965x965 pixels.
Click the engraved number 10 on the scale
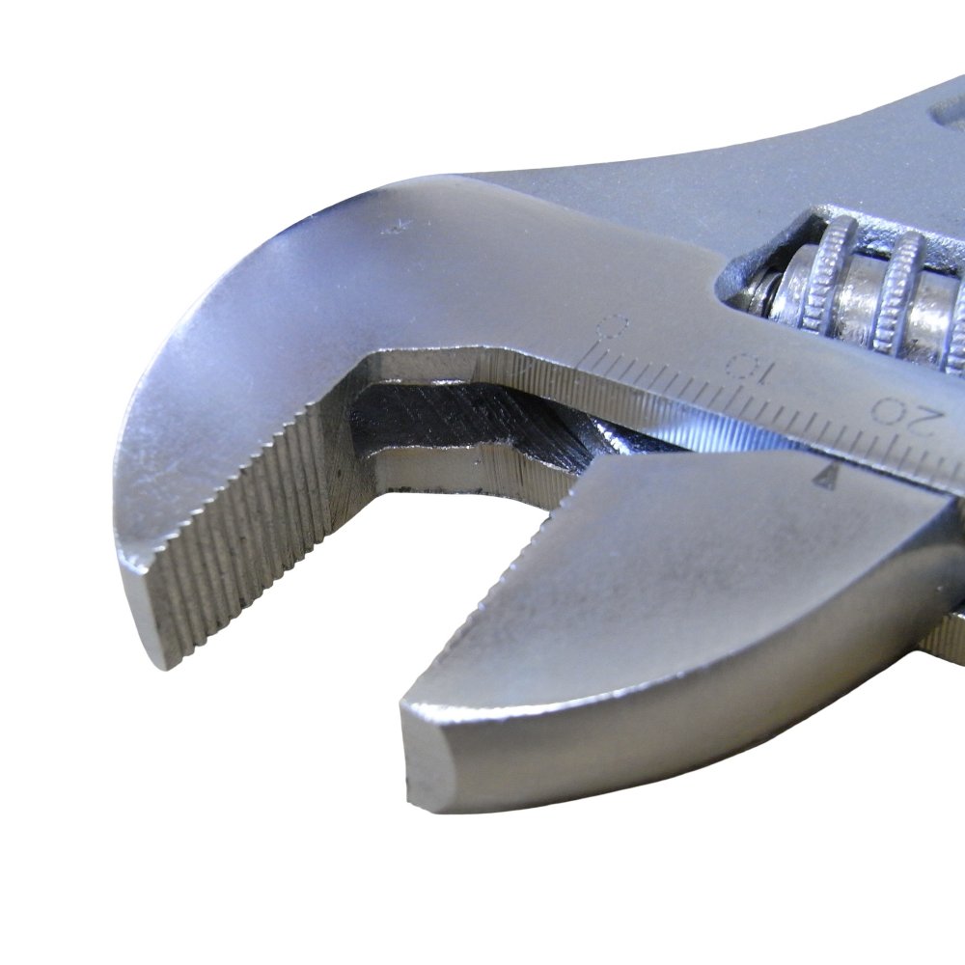coord(749,368)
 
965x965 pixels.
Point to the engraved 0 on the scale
coord(613,329)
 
